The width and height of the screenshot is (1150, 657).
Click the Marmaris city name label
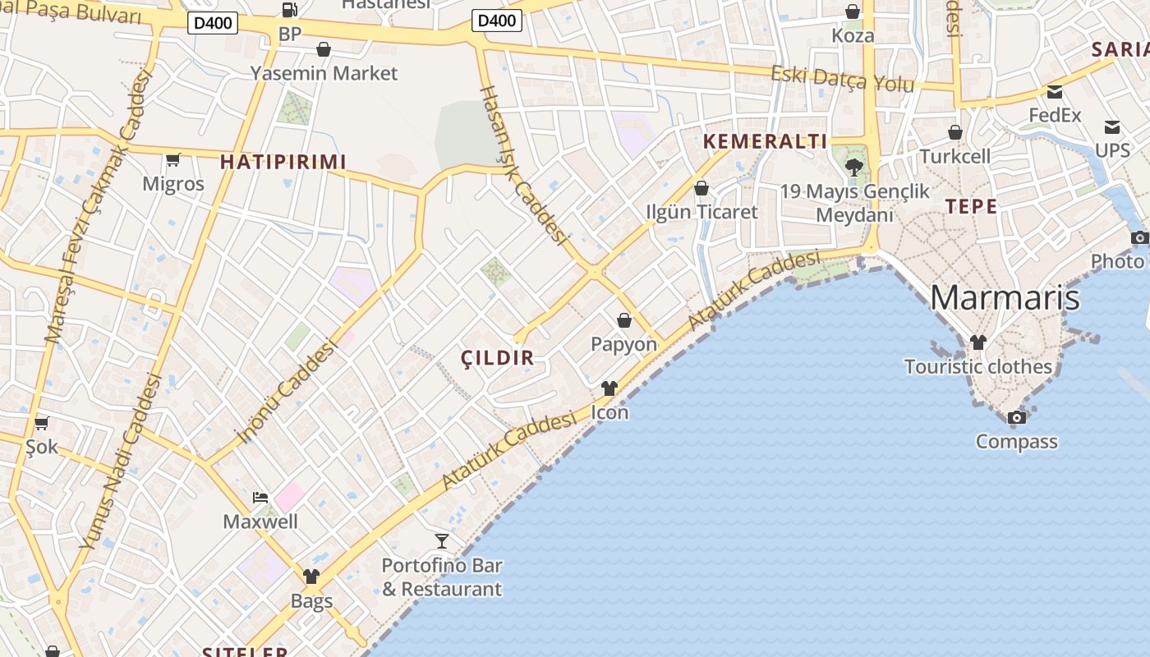coord(1004,297)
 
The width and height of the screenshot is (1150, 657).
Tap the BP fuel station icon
coord(289,11)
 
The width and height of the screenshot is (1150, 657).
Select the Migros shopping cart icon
coord(172,159)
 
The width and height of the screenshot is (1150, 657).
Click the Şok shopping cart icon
coord(42,424)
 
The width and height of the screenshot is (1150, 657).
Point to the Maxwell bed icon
coord(260,498)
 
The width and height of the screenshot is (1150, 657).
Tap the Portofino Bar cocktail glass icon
coord(442,540)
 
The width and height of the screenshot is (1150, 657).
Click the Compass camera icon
coord(1017,418)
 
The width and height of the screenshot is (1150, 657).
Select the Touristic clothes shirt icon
coord(977,342)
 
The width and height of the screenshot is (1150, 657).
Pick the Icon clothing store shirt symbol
coord(609,388)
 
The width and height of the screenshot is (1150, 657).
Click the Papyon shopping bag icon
coord(624,320)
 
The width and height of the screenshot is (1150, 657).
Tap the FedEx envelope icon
coord(1055,92)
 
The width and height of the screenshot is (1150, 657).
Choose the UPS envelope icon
coord(1112,127)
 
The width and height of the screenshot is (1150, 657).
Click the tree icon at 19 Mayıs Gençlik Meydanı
coord(854,168)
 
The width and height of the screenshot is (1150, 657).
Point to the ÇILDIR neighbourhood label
coord(498,358)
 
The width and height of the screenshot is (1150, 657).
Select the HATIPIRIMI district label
coord(283,162)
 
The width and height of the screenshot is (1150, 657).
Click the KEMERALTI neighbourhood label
coord(766,141)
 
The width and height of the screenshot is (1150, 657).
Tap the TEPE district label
coord(971,206)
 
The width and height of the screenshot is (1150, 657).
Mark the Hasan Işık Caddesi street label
coord(524,164)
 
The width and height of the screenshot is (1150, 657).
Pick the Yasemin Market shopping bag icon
coord(324,50)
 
